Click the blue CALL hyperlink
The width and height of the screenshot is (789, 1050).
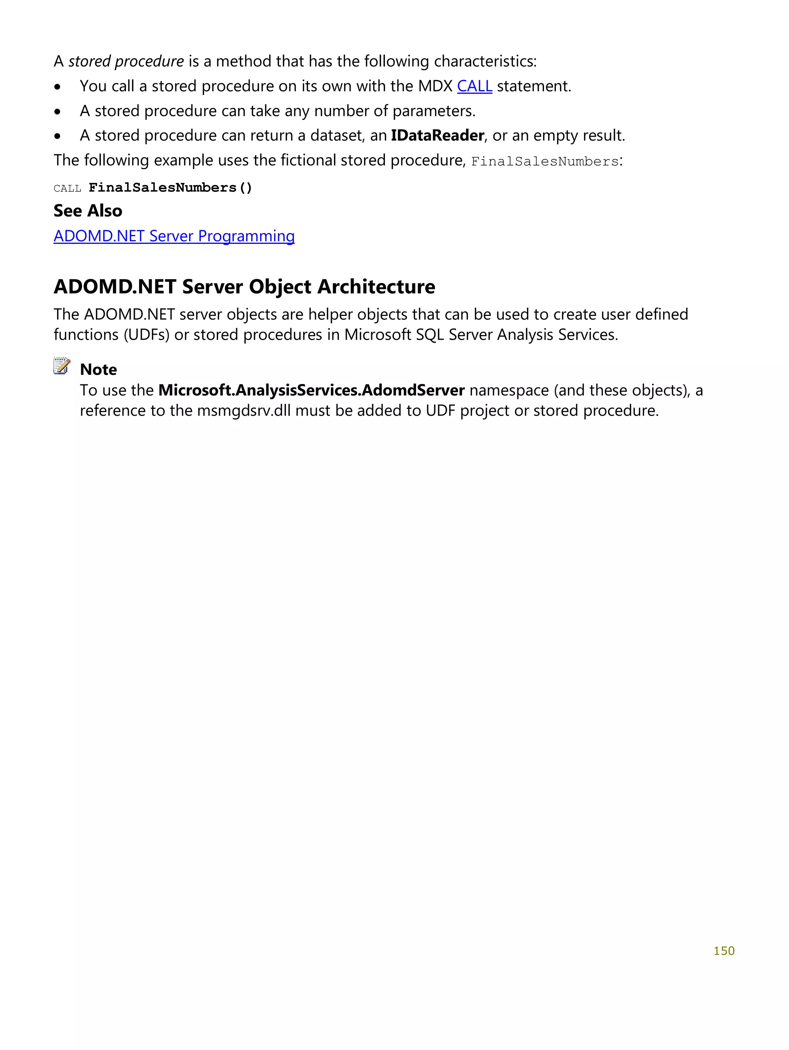coord(474,86)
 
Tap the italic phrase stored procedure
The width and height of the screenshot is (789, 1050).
coord(126,62)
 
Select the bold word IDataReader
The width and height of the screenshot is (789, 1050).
coord(437,136)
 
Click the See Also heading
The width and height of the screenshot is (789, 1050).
coord(88,211)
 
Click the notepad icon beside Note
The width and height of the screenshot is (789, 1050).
coord(62,366)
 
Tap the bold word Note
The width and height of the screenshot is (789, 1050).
coord(98,369)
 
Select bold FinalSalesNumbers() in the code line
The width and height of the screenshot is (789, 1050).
coord(170,188)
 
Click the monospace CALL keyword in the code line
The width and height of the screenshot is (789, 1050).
coord(67,189)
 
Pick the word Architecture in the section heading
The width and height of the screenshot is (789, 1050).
coord(376,287)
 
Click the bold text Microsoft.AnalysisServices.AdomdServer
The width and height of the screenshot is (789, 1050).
coord(311,390)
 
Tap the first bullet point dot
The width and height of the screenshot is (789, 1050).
coord(57,87)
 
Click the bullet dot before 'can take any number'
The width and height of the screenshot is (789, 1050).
coord(57,112)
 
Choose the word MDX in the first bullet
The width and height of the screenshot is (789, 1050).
coord(435,86)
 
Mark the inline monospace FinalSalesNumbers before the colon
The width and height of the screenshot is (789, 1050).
coord(544,162)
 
